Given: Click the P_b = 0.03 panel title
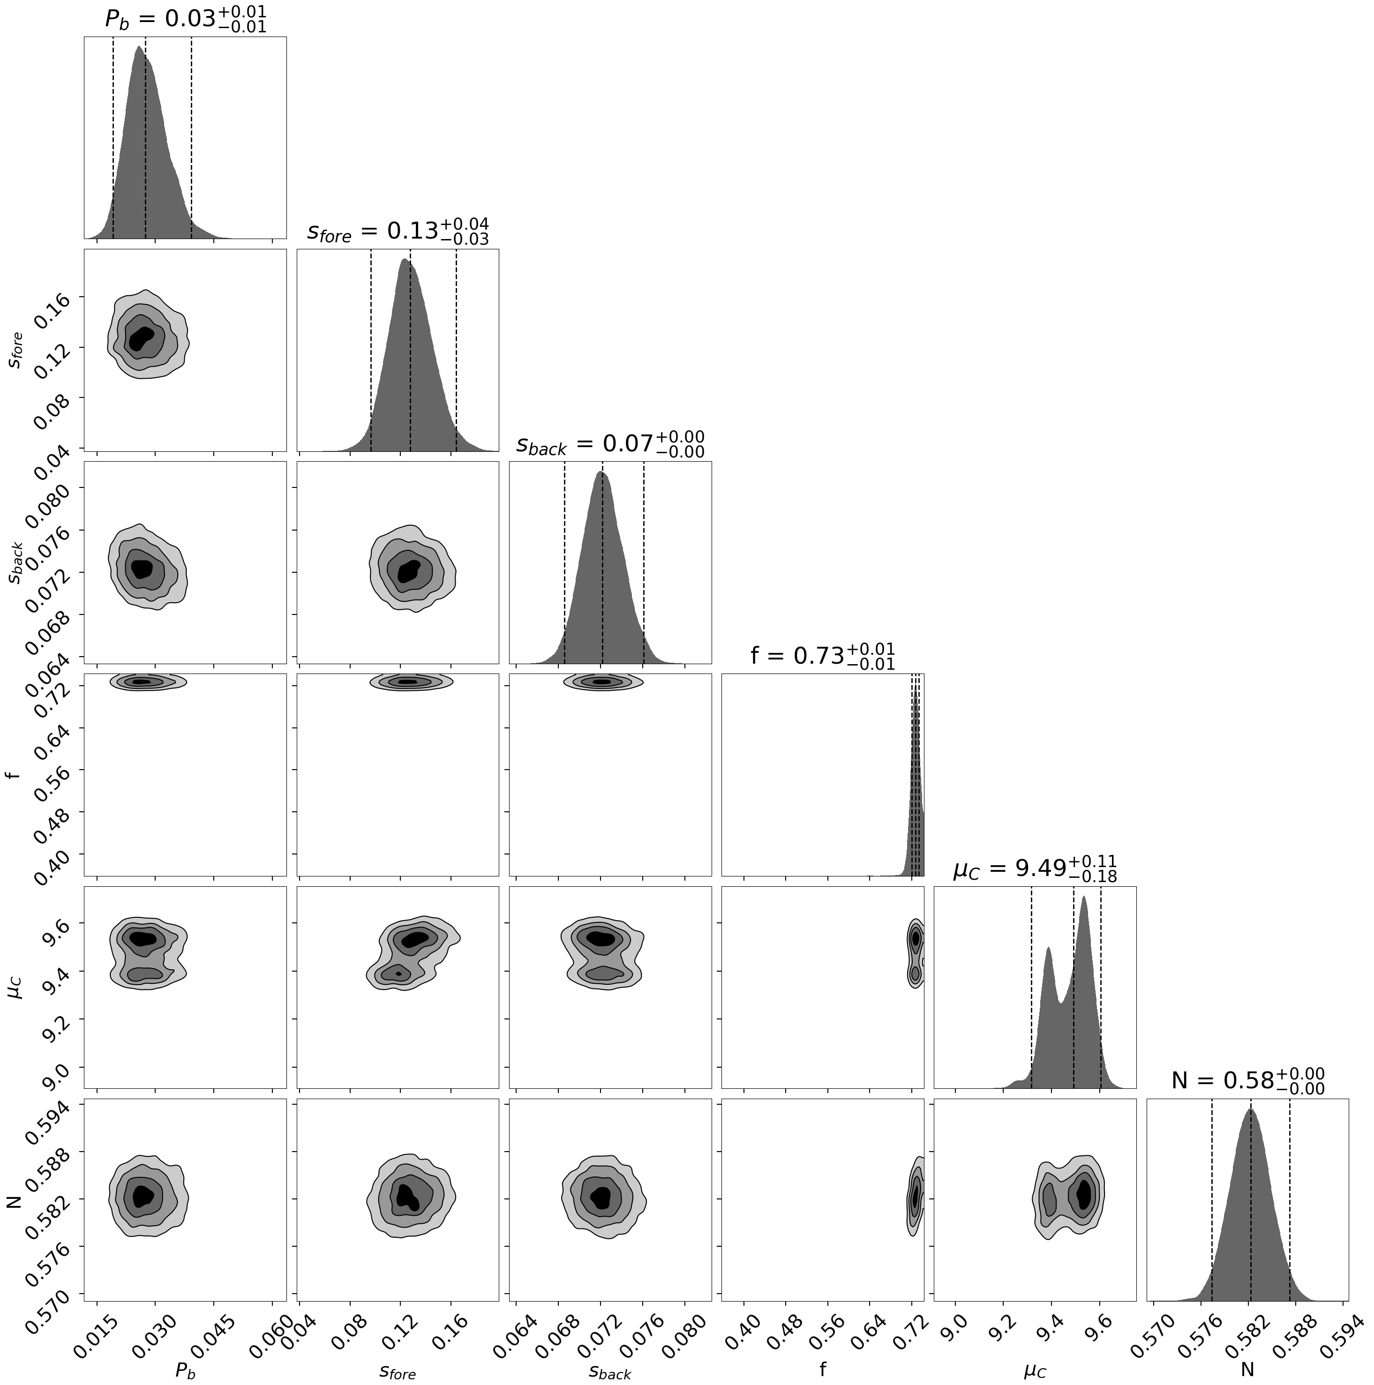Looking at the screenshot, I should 185,19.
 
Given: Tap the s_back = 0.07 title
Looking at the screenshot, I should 609,444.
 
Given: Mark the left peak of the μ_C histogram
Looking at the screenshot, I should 1048,949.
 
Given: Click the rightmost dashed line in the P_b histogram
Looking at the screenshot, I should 191,136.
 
